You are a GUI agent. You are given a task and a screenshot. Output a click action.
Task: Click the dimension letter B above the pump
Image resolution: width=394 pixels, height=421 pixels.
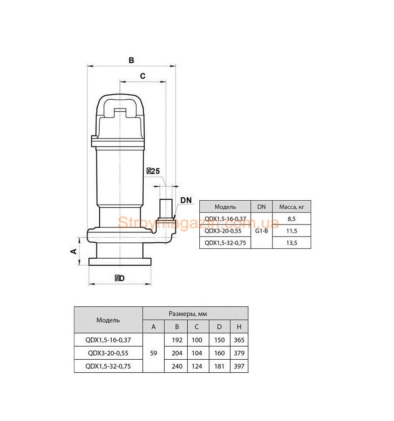[x=131, y=60]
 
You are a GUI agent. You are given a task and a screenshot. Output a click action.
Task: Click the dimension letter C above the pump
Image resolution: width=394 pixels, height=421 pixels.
[x=143, y=76]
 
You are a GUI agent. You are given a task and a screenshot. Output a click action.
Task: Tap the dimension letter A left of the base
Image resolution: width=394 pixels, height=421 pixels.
[x=73, y=251]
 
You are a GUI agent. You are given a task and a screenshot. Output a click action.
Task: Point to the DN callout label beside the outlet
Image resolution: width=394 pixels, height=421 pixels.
[x=186, y=200]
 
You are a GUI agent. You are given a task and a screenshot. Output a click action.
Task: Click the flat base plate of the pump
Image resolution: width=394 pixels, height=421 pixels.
[x=120, y=261]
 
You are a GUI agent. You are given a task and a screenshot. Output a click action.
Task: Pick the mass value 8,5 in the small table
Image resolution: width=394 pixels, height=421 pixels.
[x=292, y=219]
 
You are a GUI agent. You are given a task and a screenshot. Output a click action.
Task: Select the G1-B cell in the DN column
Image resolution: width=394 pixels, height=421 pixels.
[x=261, y=231]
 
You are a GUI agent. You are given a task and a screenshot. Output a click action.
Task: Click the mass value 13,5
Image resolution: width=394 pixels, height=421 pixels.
[x=292, y=243]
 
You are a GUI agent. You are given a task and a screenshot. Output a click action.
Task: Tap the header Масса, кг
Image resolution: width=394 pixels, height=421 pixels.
[x=292, y=207]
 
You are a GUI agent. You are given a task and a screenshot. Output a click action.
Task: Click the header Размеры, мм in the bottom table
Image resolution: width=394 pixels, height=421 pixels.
[x=188, y=313]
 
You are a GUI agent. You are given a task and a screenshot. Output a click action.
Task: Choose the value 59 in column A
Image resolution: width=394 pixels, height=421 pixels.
[x=153, y=353]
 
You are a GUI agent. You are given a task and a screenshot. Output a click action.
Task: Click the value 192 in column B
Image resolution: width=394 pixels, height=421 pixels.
[x=177, y=340]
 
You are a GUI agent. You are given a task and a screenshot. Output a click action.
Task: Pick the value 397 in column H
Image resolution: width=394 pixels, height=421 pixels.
[x=239, y=366]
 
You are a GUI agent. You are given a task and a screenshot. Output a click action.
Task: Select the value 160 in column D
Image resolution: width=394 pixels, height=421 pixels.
[x=219, y=353]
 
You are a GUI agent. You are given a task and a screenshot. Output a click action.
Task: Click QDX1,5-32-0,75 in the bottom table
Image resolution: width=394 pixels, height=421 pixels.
[x=108, y=366]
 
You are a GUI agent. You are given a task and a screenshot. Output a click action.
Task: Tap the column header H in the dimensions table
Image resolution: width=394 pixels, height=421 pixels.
[x=239, y=327]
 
